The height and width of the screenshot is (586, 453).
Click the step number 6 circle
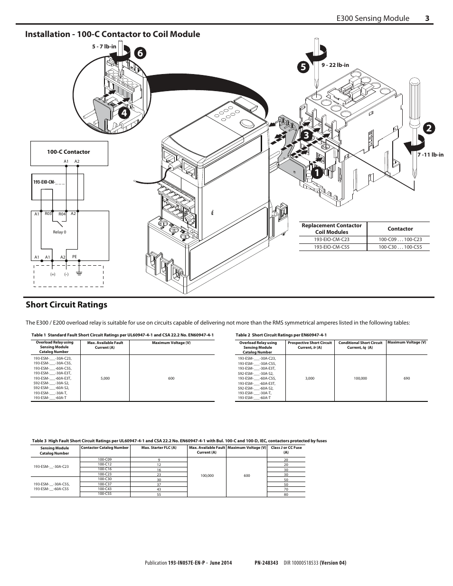pos(140,54)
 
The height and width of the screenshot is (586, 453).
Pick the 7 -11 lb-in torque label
pos(430,155)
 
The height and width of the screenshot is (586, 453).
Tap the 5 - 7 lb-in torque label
pos(104,47)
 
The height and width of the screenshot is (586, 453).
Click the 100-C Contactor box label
pos(68,152)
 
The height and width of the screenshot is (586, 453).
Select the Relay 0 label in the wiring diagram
pos(59,232)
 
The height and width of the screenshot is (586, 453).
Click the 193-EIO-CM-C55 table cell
pos(331,247)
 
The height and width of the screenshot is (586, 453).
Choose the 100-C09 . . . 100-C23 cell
pos(400,240)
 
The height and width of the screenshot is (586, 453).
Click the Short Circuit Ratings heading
pos(66,305)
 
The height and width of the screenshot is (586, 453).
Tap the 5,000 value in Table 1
pos(105,378)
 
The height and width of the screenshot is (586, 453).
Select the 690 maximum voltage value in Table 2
pos(406,378)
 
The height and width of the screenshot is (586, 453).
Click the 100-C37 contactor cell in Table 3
pos(104,484)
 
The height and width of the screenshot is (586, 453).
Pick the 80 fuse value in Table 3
pos(286,495)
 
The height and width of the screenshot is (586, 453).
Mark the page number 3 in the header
pos(427,18)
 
